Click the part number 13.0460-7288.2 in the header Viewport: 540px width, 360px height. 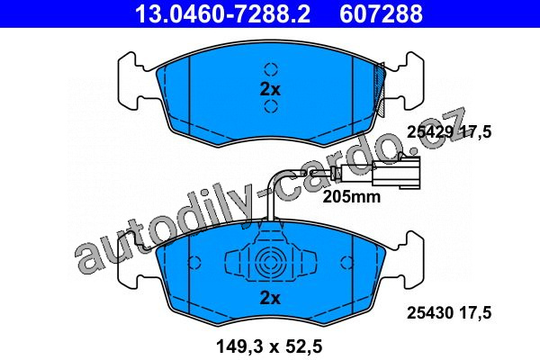[x=223, y=13]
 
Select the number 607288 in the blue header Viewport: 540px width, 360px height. [x=381, y=13]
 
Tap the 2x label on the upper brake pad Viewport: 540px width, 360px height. [x=270, y=90]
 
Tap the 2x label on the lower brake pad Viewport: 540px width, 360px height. [x=270, y=298]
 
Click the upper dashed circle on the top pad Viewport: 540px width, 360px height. [x=271, y=69]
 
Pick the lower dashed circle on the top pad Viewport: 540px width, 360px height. [x=271, y=106]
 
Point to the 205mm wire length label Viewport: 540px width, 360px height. [x=352, y=197]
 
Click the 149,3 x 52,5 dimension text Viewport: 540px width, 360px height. [x=269, y=346]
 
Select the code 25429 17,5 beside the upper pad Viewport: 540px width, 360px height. [x=449, y=132]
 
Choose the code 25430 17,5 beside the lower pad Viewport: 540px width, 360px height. [x=449, y=313]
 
